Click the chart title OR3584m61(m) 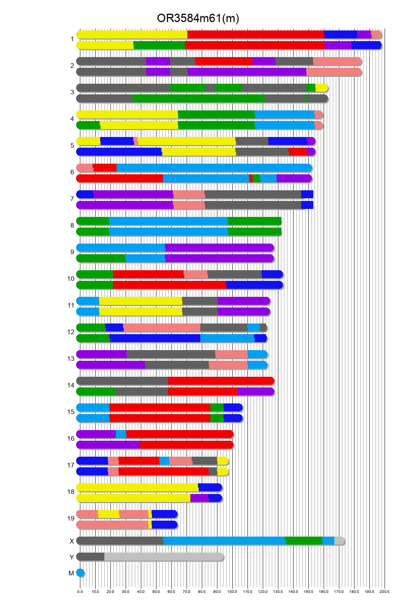point(198,18)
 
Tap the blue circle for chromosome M point(80,573)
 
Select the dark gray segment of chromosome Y point(91,557)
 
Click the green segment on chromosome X point(304,541)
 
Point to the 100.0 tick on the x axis point(232,591)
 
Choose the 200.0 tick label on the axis point(385,591)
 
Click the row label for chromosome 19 point(71,518)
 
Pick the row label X point(72,541)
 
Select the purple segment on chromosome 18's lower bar point(200,498)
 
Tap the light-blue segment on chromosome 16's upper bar point(121,434)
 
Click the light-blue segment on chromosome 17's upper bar point(164,461)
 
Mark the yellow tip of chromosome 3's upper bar point(321,88)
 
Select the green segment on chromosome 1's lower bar point(159,45)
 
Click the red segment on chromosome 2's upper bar point(224,61)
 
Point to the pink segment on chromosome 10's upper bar point(196,274)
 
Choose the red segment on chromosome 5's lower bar point(298,152)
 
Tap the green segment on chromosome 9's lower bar point(101,258)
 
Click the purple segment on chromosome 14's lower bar point(255,392)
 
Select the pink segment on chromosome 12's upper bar point(162,328)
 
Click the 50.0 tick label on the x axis point(156,591)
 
